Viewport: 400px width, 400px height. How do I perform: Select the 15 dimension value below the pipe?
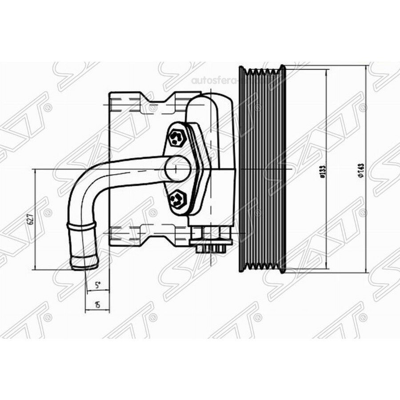(97, 305)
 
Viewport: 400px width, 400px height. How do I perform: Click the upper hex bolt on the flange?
(177, 139)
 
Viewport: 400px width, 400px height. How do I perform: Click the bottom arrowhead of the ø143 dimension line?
(366, 271)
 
